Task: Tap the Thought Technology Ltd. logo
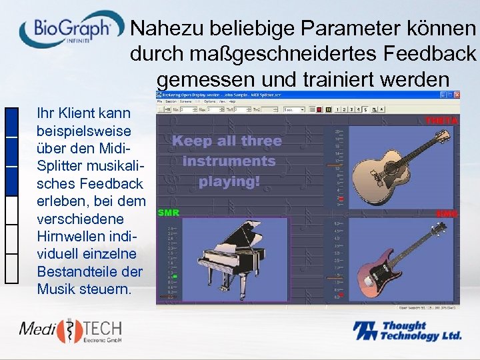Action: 407,331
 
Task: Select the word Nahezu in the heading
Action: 166,28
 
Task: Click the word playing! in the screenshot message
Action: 229,181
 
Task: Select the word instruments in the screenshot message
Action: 229,161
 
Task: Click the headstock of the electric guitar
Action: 437,229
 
